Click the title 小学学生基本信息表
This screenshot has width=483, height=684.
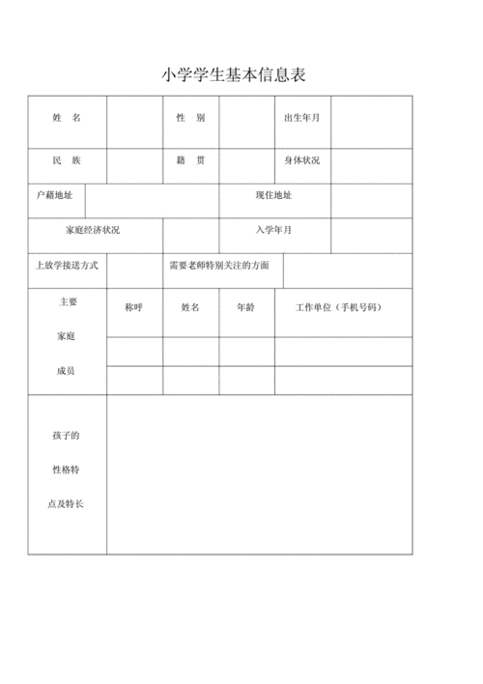(234, 75)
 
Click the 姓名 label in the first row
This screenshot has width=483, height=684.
(67, 117)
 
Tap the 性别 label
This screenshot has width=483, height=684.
(190, 117)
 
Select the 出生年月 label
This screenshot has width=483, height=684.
(301, 117)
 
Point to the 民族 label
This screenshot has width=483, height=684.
(67, 159)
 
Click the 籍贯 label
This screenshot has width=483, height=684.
(190, 159)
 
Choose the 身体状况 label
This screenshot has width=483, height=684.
(301, 159)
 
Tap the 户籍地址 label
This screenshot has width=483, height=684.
(55, 195)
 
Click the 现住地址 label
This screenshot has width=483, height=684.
(273, 195)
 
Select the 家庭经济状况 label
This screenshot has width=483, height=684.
(94, 230)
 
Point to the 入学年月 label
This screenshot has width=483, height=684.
(273, 230)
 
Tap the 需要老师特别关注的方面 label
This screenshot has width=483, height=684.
(218, 265)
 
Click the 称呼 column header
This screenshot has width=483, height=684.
(134, 306)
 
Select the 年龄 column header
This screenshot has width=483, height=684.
(245, 306)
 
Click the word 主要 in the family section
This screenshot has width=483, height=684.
(67, 301)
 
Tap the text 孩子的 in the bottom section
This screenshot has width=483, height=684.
(67, 436)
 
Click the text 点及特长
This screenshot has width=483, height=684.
(67, 504)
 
